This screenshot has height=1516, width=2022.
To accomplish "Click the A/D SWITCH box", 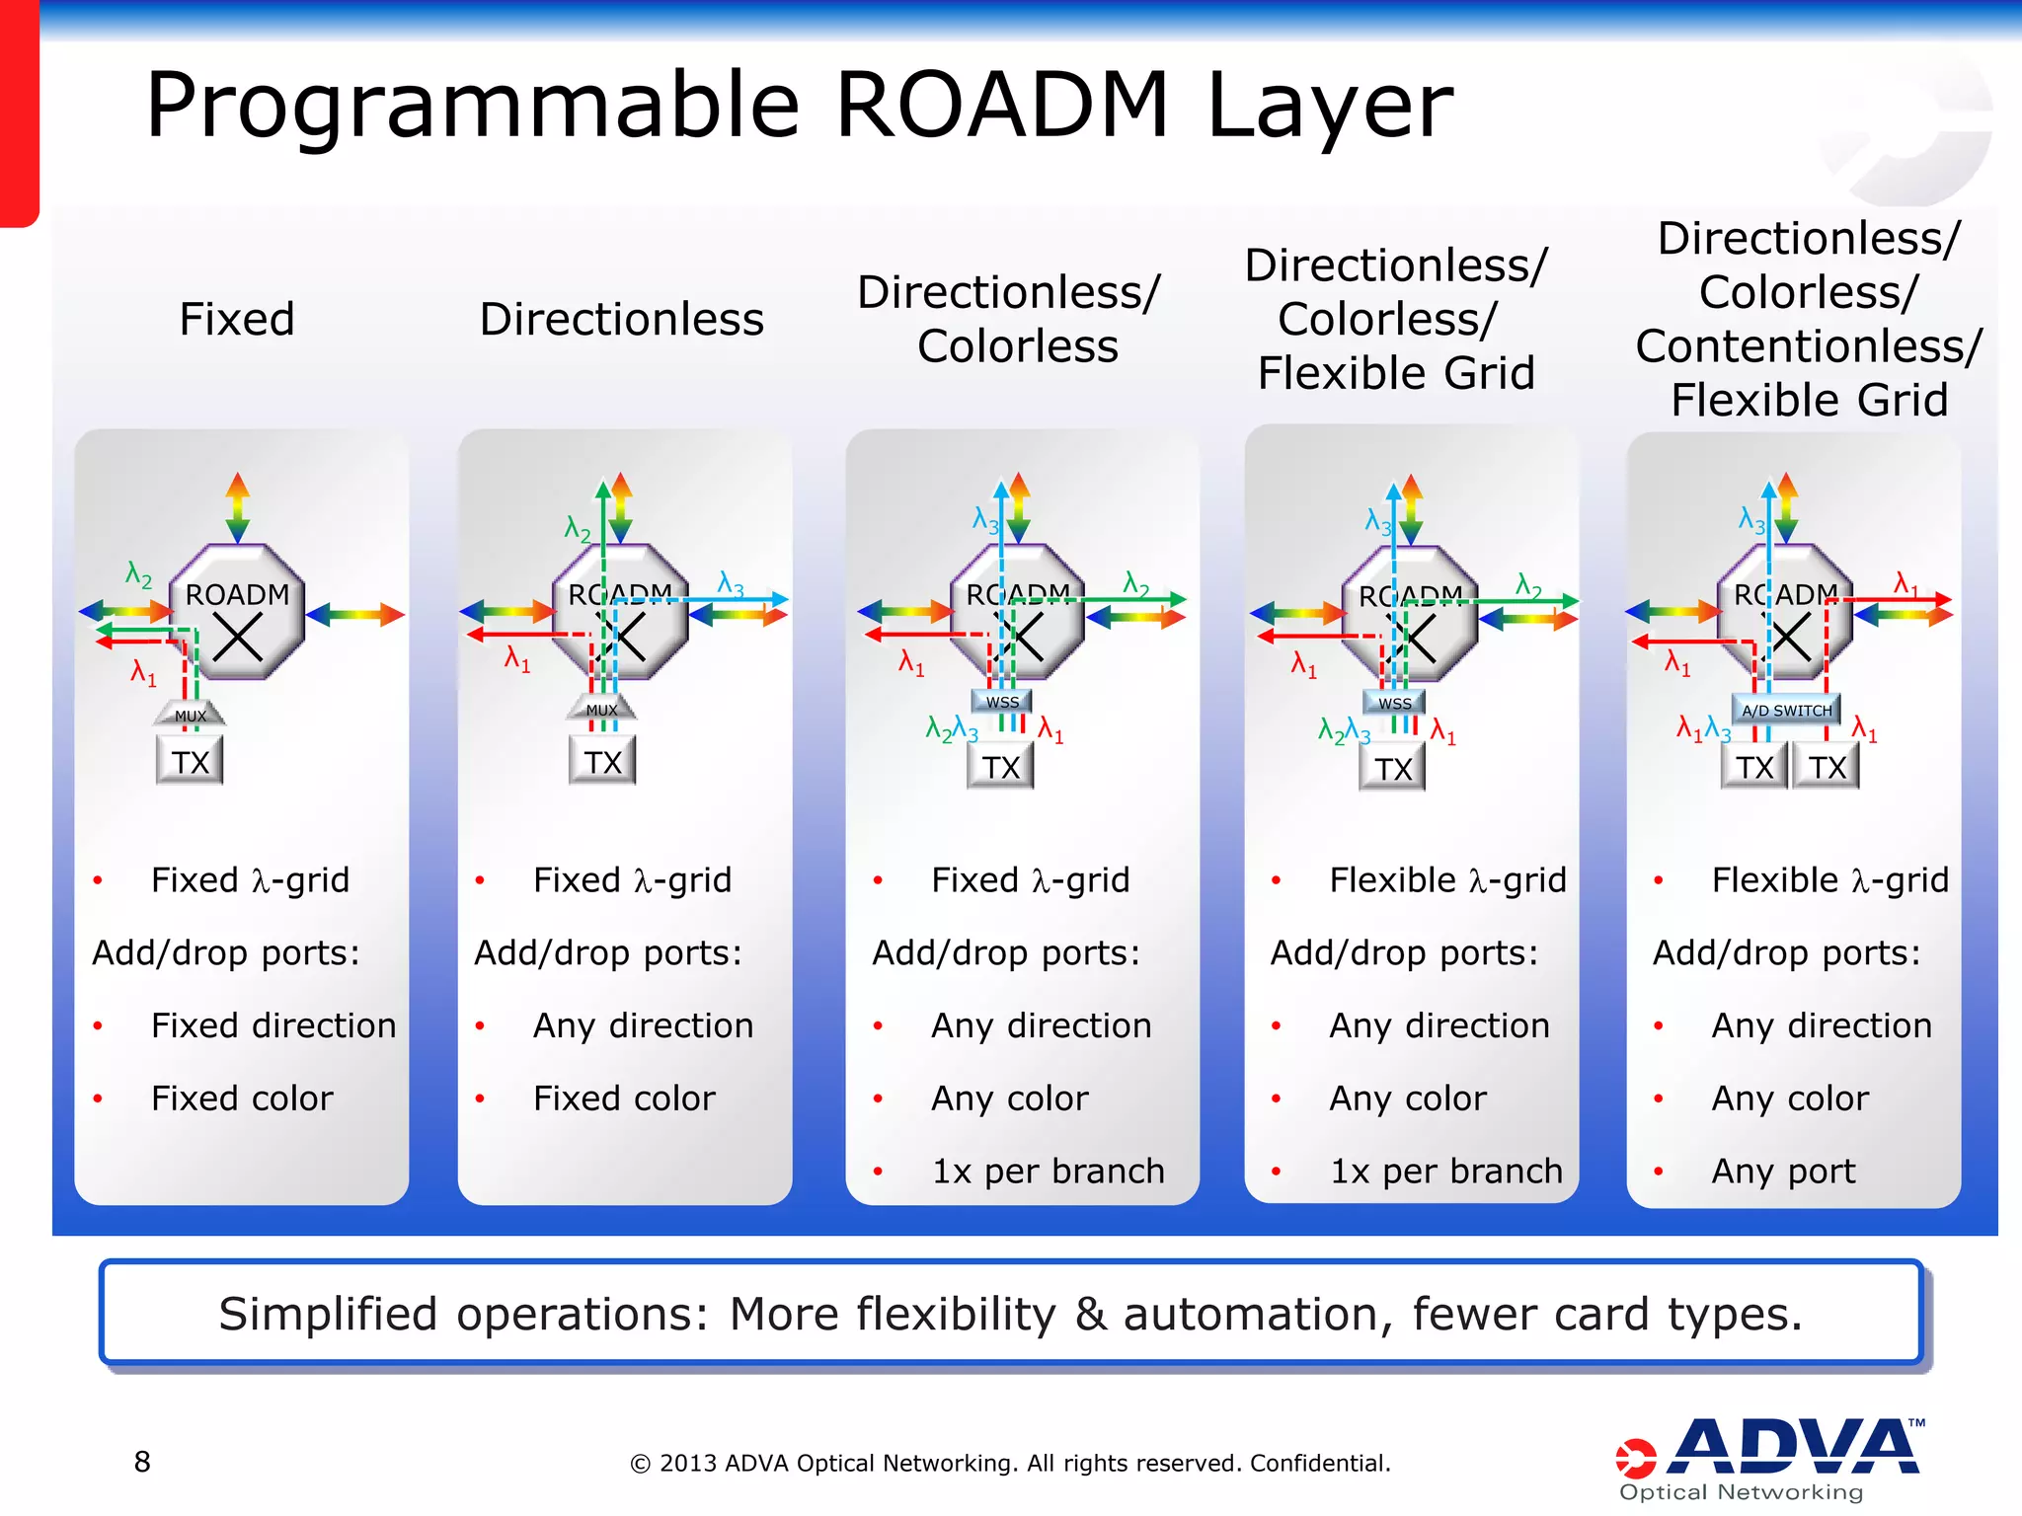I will click(x=1786, y=710).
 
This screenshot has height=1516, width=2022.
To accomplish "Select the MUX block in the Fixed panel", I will click(x=191, y=715).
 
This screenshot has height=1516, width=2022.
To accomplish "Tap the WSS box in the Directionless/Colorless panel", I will click(x=1002, y=702).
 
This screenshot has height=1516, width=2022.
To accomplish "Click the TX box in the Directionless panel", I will click(x=602, y=762).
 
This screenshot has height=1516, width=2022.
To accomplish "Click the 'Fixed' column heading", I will click(x=237, y=319).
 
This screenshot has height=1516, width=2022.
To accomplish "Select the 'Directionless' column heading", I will click(x=621, y=319).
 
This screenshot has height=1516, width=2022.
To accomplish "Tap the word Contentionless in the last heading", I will click(x=1808, y=346).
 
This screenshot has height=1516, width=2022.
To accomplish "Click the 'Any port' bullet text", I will click(x=1783, y=1171).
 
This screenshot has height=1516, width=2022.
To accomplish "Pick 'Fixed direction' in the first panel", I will click(x=273, y=1025).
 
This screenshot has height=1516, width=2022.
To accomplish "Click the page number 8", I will click(x=142, y=1462).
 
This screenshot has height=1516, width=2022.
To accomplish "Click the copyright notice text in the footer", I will click(x=1010, y=1463).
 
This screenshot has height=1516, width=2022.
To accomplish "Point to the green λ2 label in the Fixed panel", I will click(x=139, y=574).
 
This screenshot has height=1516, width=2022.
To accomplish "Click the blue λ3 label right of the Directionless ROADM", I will click(x=731, y=583).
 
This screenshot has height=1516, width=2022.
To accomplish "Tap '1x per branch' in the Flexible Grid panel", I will click(x=1446, y=1171).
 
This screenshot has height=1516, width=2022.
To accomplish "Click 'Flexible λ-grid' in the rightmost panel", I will click(x=1829, y=879).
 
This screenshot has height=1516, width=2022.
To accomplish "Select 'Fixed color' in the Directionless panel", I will click(x=624, y=1099).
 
